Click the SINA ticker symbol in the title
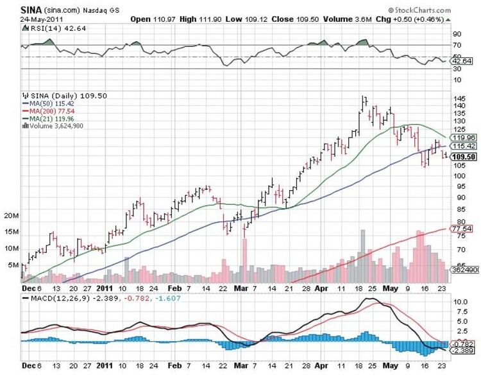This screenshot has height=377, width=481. (x=32, y=10)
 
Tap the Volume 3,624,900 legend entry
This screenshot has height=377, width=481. (x=56, y=126)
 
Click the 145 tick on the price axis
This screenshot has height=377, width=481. (x=459, y=98)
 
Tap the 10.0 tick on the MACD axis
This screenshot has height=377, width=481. (x=459, y=301)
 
